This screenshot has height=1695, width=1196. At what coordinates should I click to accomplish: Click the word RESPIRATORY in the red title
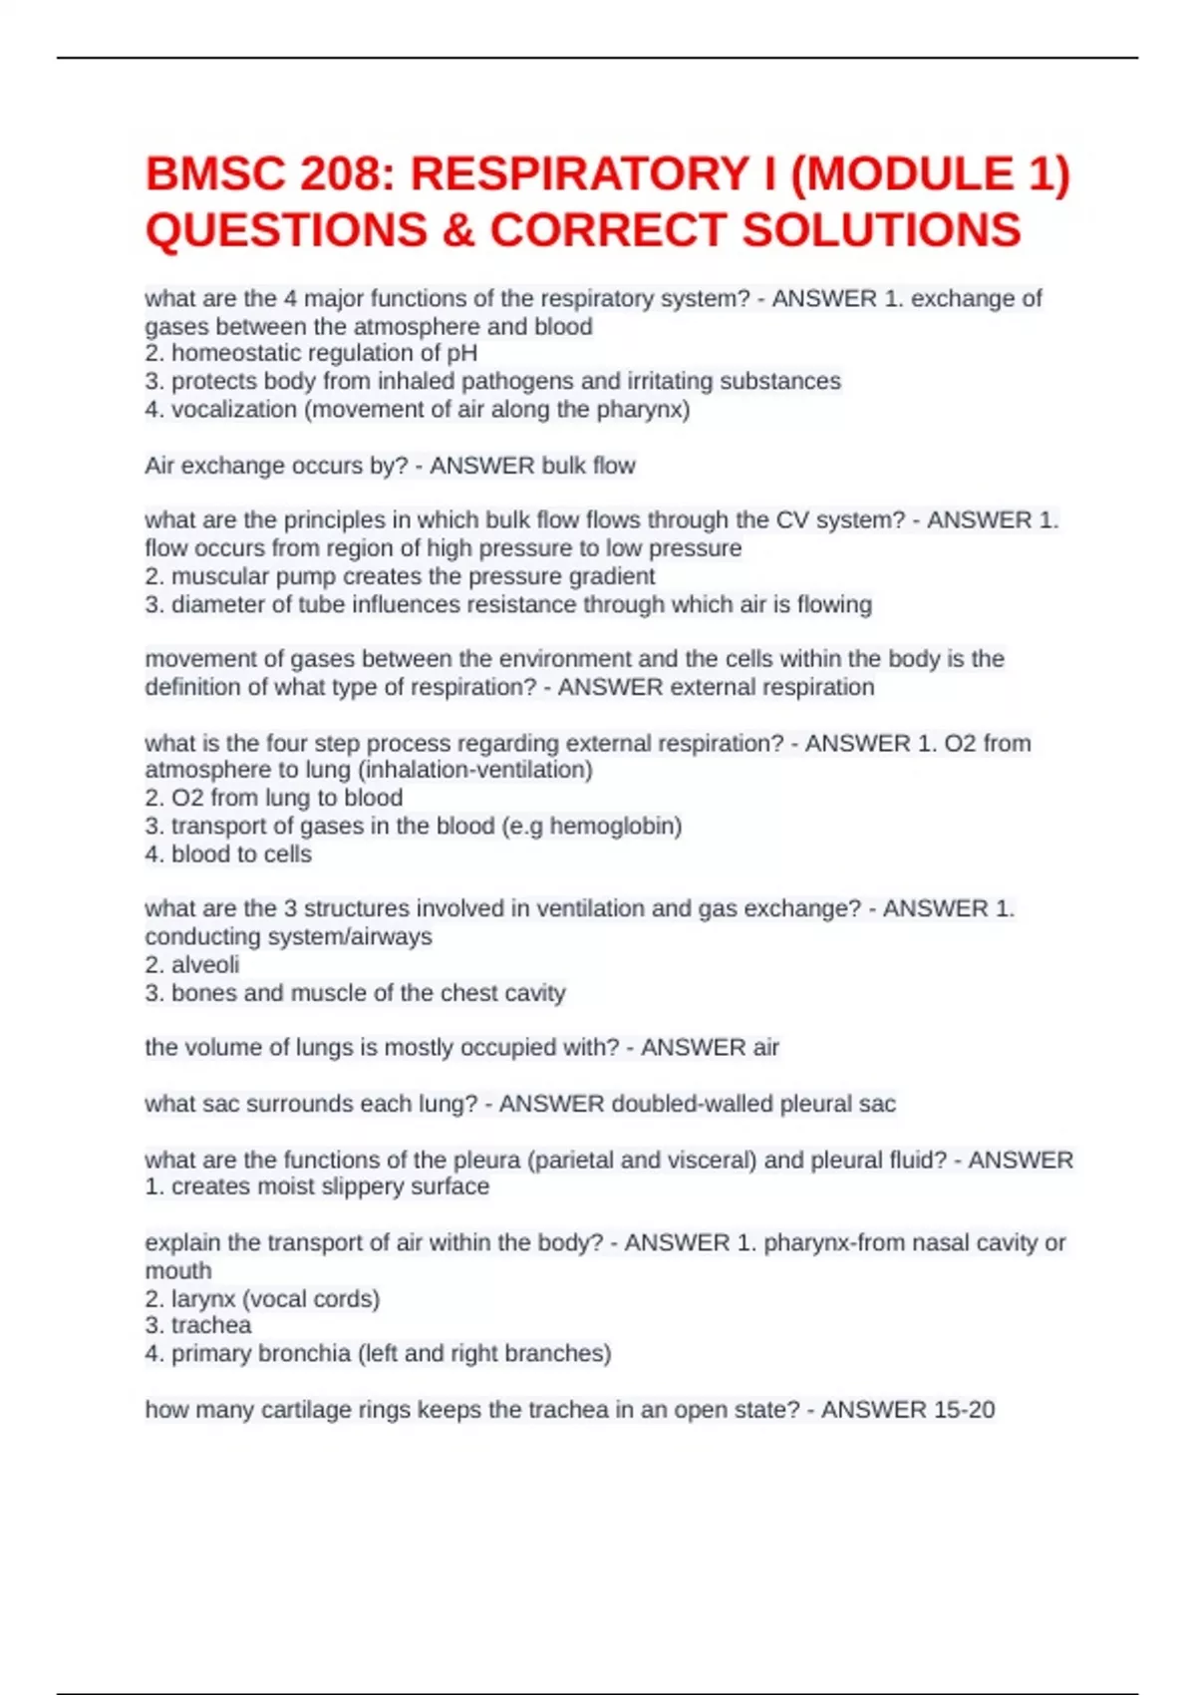pos(580,174)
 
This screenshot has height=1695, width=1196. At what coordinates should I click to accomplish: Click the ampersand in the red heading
pos(457,230)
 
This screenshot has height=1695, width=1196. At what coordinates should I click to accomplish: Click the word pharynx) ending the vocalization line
pos(643,409)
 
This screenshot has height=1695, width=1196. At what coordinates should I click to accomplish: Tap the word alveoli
pos(205,964)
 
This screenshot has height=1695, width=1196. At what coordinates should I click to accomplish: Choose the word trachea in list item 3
pos(211,1325)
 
